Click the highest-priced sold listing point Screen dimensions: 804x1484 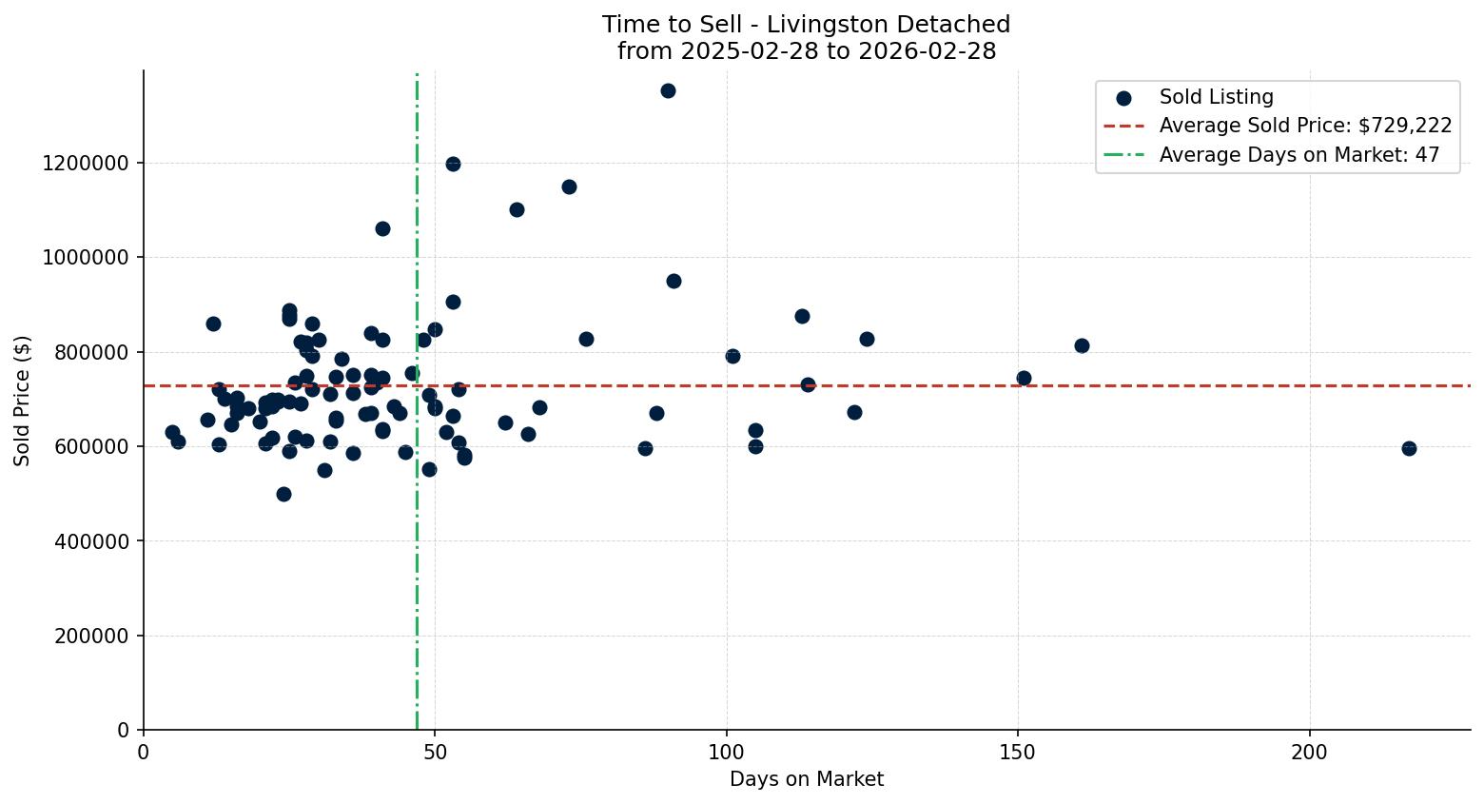tap(668, 90)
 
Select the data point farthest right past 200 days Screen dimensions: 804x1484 tap(1409, 448)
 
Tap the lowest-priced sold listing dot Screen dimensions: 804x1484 tap(283, 494)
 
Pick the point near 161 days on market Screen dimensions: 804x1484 tap(1082, 345)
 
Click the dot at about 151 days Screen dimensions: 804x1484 tap(1024, 378)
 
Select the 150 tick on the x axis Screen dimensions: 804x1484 tap(1018, 752)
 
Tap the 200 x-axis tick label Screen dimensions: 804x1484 tap(1309, 752)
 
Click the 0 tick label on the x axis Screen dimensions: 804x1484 tap(144, 752)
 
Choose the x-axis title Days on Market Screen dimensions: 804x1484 tap(806, 779)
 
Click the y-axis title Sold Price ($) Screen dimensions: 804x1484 tap(23, 401)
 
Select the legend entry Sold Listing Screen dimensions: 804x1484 tap(1215, 97)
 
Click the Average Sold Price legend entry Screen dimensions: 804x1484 tap(1304, 126)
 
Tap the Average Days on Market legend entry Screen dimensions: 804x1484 tap(1298, 155)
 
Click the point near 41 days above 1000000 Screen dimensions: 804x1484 tap(382, 228)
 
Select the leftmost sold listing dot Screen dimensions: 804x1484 tap(172, 432)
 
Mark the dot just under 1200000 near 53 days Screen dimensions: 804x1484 tap(453, 164)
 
